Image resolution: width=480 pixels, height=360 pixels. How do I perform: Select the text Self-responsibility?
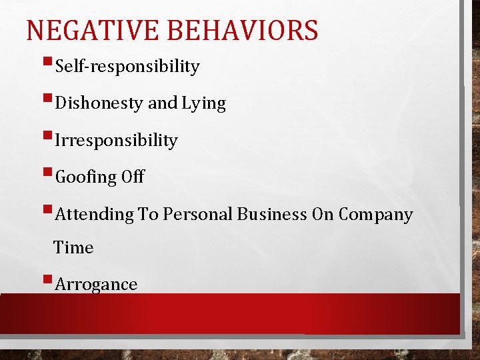[x=127, y=67]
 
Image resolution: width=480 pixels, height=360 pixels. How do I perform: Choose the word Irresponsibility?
[x=116, y=141]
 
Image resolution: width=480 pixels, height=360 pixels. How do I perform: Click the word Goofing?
[x=85, y=177]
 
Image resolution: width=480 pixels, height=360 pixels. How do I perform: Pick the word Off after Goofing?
[x=133, y=177]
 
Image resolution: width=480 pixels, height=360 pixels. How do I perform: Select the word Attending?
[x=95, y=215]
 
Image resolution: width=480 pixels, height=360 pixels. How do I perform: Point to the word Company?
[x=375, y=215]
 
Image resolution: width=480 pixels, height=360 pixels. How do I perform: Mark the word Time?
[x=73, y=248]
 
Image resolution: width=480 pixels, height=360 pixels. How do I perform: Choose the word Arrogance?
[x=96, y=285]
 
